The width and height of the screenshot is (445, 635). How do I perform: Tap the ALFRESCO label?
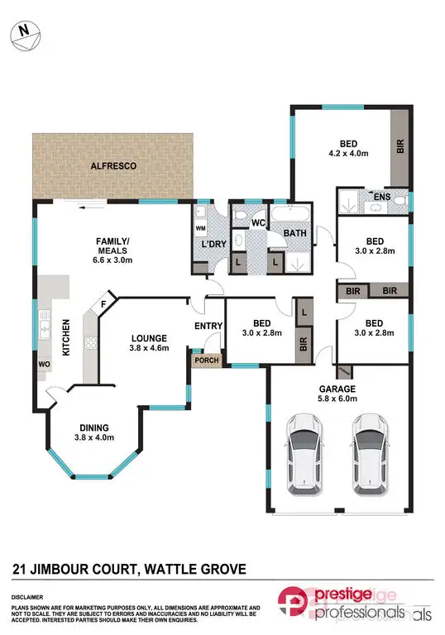click(113, 167)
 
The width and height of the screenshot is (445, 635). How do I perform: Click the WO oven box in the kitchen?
click(43, 363)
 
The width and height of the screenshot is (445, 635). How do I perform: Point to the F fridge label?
click(104, 303)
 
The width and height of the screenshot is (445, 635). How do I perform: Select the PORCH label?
click(204, 360)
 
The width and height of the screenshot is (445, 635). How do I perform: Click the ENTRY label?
click(208, 326)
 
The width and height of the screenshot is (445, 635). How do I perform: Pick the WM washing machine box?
click(200, 227)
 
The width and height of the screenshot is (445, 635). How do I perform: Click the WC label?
click(257, 222)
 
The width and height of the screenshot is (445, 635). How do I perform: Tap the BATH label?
click(295, 234)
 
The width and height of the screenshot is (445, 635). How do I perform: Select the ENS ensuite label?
click(382, 198)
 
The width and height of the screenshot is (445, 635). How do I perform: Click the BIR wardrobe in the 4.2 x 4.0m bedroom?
click(400, 147)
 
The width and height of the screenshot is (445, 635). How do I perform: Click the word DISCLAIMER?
click(27, 595)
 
